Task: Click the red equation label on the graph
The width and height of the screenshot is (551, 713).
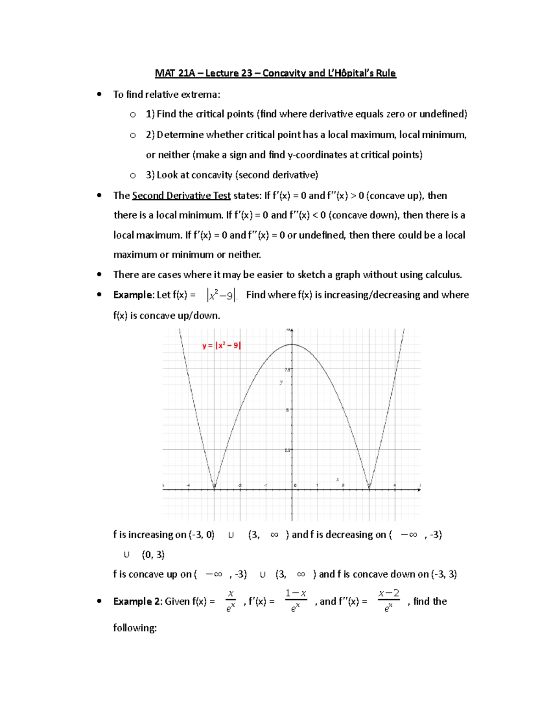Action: coord(221,346)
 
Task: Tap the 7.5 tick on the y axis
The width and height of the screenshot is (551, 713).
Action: coord(287,369)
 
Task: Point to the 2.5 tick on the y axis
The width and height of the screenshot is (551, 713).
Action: coord(287,450)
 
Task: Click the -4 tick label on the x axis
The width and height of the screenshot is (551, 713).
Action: coord(188,485)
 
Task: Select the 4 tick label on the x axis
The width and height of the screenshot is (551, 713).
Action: coord(394,485)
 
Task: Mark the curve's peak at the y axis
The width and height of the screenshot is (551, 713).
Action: coord(292,344)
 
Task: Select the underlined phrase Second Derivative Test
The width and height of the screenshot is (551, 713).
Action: coord(181,196)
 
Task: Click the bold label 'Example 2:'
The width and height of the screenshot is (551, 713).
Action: coord(137,601)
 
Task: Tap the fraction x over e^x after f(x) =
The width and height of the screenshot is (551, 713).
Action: coord(231,601)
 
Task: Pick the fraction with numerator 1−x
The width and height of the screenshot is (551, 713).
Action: coord(296,601)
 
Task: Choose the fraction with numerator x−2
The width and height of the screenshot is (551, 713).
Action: coord(388,601)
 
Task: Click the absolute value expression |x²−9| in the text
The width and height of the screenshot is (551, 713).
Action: coord(221,295)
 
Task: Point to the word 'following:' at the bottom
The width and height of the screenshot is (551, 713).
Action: coord(135,628)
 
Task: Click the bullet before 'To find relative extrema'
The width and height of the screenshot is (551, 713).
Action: coord(99,95)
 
